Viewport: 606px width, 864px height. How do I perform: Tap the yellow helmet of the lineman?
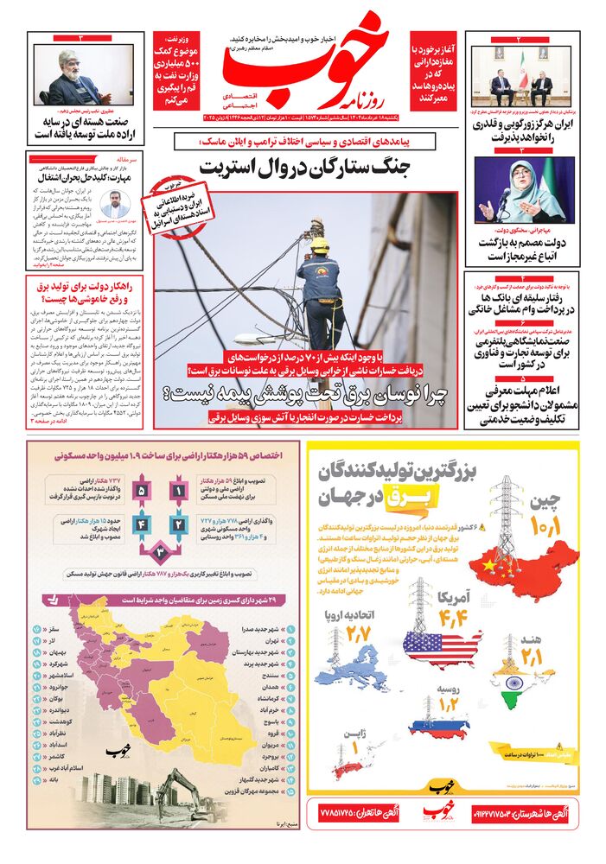(x=320, y=245)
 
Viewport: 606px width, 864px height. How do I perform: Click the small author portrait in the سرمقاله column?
(x=113, y=205)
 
